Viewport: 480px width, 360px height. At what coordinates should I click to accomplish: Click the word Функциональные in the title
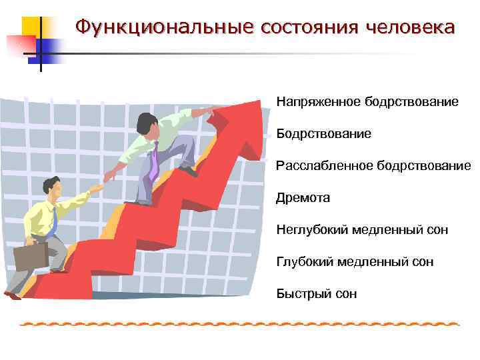coord(164,27)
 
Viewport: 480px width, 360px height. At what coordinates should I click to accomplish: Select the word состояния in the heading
coord(303,27)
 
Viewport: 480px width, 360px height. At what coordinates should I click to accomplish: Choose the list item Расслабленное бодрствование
coord(373,165)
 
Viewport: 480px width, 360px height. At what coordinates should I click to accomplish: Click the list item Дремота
coord(303,198)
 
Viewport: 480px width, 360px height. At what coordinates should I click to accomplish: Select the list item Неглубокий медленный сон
coord(363,230)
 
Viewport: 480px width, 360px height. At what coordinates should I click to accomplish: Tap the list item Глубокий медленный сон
coord(355,262)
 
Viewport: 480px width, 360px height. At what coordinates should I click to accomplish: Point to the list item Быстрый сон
coord(317,293)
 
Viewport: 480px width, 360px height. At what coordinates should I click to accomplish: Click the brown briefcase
coord(31,256)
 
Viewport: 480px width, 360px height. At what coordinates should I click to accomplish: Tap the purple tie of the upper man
coord(154,161)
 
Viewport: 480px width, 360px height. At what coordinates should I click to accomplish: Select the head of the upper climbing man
coord(147,123)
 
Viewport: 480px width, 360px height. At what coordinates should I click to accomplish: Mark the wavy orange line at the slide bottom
coord(240,324)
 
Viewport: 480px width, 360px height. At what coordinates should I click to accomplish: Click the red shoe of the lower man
coord(13,295)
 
